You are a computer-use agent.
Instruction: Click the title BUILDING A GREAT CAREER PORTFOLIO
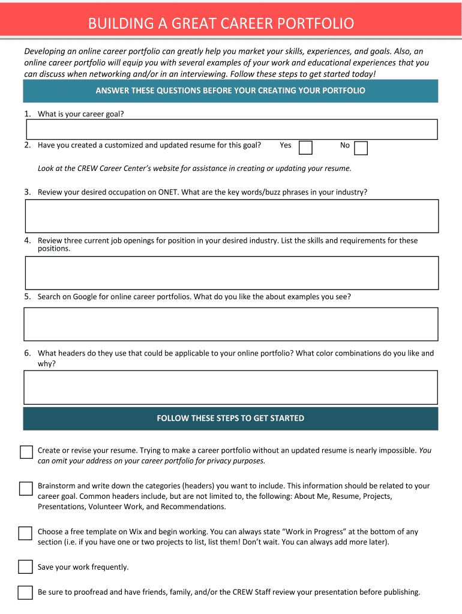point(221,23)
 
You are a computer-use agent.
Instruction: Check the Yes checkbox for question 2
point(305,148)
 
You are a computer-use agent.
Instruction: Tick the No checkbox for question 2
point(361,148)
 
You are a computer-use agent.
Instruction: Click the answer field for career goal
point(231,130)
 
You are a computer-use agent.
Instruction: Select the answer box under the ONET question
point(231,216)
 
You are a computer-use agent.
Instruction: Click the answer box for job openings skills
point(231,273)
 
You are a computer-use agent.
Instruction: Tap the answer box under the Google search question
point(231,324)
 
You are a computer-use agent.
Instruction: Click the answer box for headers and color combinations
point(231,387)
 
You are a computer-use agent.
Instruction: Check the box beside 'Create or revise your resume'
point(26,452)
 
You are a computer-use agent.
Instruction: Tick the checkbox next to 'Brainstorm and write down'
point(26,489)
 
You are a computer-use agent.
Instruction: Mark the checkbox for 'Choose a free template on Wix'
point(25,533)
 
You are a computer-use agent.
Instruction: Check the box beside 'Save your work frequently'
point(25,567)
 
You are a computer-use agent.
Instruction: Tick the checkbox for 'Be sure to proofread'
point(25,592)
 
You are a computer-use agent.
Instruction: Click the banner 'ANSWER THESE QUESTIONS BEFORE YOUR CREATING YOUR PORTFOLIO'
point(230,91)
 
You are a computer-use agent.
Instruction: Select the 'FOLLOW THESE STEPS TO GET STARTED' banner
point(230,419)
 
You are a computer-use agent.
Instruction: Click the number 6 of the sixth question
point(27,353)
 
